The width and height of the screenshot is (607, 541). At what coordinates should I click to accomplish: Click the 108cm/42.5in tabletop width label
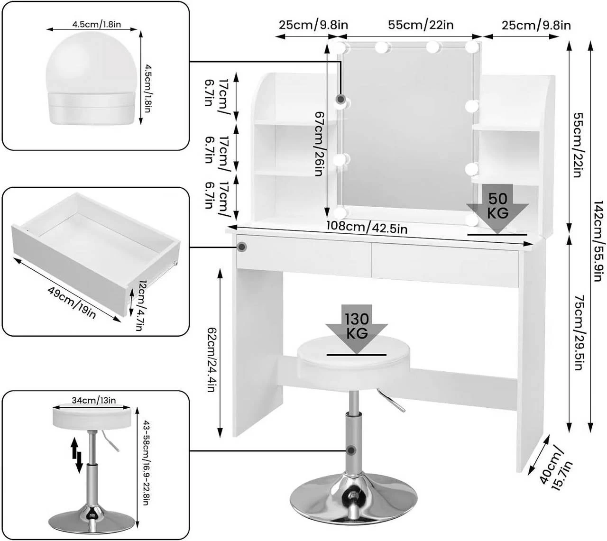[367, 228]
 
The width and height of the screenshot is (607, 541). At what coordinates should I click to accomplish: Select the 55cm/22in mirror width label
[421, 25]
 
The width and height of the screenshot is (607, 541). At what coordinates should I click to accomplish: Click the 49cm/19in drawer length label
[72, 303]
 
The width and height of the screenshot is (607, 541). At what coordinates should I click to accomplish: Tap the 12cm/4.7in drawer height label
[137, 305]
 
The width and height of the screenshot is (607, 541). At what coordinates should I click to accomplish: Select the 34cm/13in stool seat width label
[93, 400]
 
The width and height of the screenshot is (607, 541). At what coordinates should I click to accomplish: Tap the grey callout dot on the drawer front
[242, 247]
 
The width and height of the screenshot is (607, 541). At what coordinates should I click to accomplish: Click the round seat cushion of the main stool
[353, 360]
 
